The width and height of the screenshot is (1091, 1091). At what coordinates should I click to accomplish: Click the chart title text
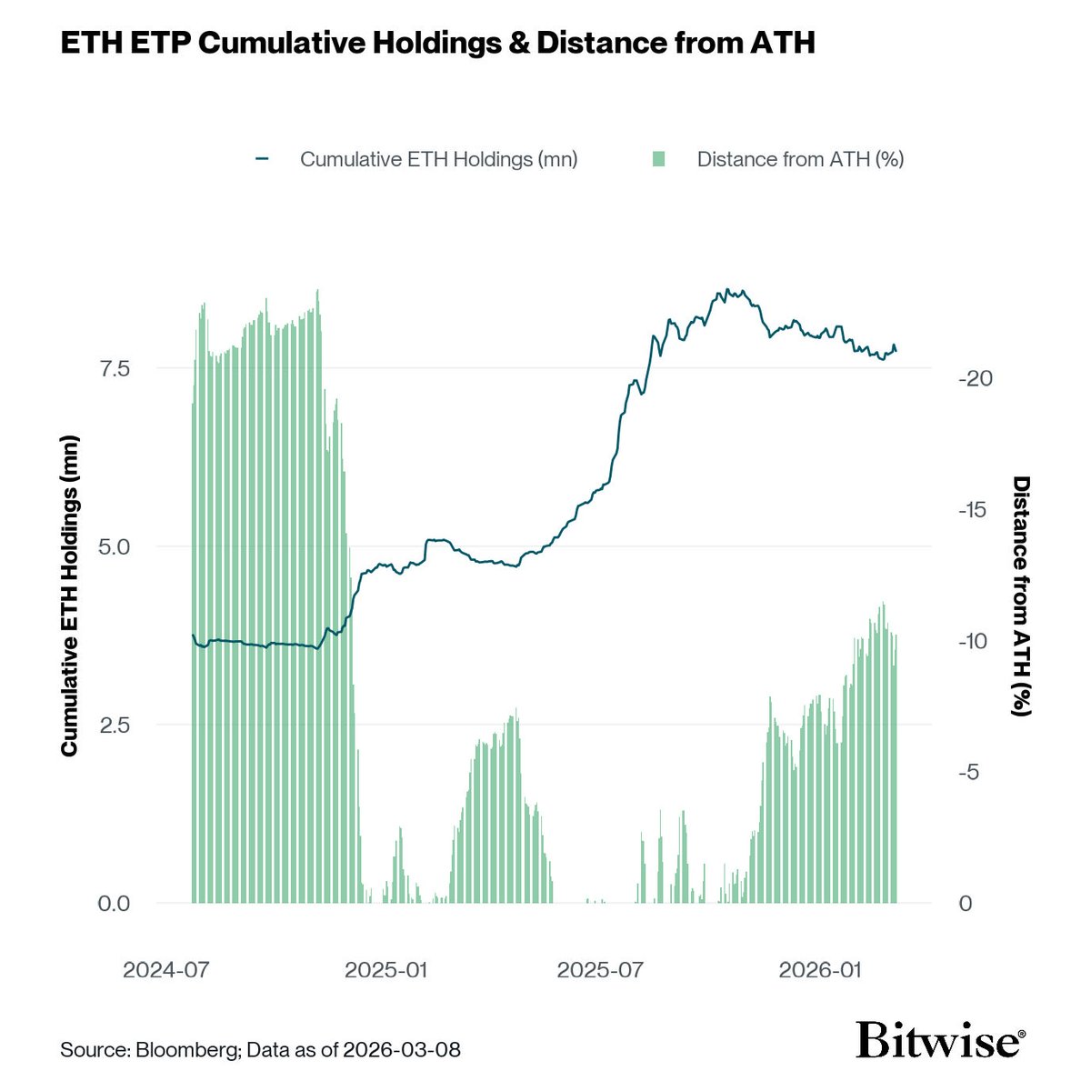coord(437,43)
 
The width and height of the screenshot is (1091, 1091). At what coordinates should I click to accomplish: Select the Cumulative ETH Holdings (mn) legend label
coord(439,159)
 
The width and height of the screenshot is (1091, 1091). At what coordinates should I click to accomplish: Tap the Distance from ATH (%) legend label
coord(800,159)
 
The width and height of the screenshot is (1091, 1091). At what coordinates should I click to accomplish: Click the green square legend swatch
coord(659,159)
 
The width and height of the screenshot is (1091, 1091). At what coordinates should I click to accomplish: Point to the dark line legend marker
coord(264,159)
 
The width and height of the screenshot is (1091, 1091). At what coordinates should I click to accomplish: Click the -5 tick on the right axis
coord(970,772)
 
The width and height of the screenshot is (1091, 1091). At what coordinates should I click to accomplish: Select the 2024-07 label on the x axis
coord(166,970)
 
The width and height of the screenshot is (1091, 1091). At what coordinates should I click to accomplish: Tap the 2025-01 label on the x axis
coord(386,970)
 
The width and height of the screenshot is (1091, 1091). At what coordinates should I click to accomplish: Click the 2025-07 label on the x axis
coord(600,970)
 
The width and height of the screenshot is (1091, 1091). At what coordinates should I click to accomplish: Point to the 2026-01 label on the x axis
coord(820,970)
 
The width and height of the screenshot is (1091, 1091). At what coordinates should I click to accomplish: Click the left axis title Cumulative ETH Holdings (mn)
coord(69,596)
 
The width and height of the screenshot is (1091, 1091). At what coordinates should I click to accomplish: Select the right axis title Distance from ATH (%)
coord(1022,596)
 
